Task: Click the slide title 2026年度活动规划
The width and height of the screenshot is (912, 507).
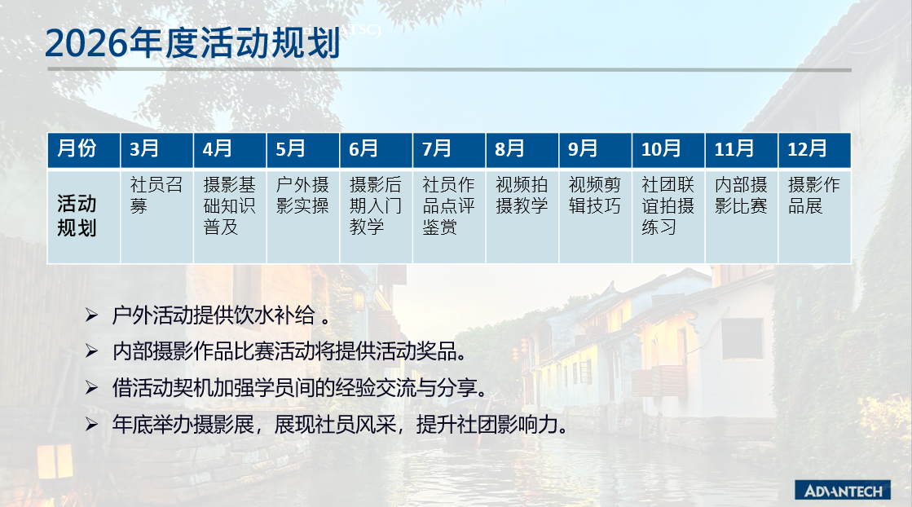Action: pos(192,43)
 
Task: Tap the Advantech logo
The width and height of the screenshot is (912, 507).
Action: pos(843,490)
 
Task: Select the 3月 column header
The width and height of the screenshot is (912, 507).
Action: pos(156,150)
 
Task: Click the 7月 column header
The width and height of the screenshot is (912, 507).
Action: pos(449,150)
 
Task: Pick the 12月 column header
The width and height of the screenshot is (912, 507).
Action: pos(814,150)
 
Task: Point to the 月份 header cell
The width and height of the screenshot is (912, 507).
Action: pos(84,150)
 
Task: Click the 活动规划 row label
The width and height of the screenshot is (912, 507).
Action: pos(84,216)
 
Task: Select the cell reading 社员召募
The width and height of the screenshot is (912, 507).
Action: pos(156,216)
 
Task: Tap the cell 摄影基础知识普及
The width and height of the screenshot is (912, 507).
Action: pos(230,216)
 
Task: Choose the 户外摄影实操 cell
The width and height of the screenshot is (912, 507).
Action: pos(303,216)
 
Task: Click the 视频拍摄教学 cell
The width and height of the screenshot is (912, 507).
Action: pos(522,216)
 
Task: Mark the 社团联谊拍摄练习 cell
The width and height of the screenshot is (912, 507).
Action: pos(668,216)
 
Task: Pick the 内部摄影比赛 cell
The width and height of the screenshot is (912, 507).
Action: pos(742,216)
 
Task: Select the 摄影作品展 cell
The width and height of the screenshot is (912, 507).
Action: pos(814,216)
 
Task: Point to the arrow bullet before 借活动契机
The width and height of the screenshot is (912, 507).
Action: pos(91,387)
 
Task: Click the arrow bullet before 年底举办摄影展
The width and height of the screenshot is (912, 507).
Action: pos(91,425)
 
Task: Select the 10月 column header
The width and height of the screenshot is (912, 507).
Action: pos(668,150)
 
